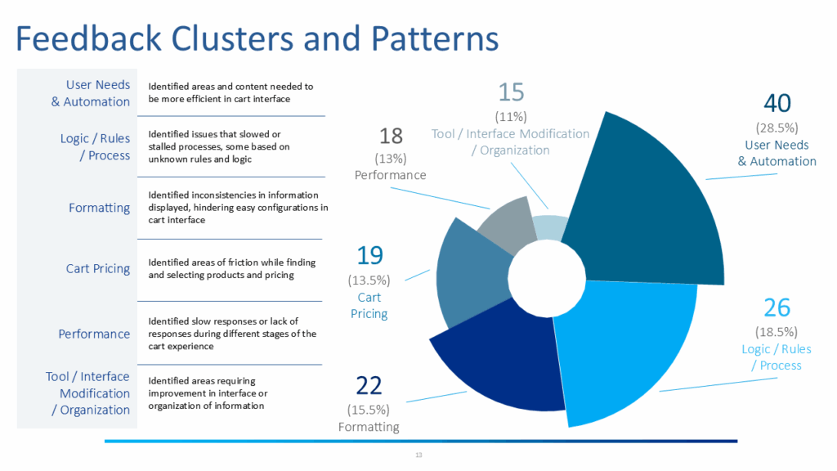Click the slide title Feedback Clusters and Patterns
[x=257, y=38]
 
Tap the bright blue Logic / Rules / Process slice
[x=621, y=343]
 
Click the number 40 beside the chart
[x=777, y=104]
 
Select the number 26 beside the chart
[x=777, y=307]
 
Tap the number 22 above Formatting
[x=369, y=385]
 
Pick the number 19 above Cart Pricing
[x=369, y=256]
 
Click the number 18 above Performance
[x=390, y=136]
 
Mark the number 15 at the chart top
[x=511, y=92]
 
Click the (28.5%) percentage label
[x=777, y=128]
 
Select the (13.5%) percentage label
[x=369, y=280]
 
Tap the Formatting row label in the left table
[x=99, y=208]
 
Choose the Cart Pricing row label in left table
[x=98, y=268]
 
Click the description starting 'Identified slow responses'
[x=231, y=333]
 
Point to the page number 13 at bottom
[x=418, y=455]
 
